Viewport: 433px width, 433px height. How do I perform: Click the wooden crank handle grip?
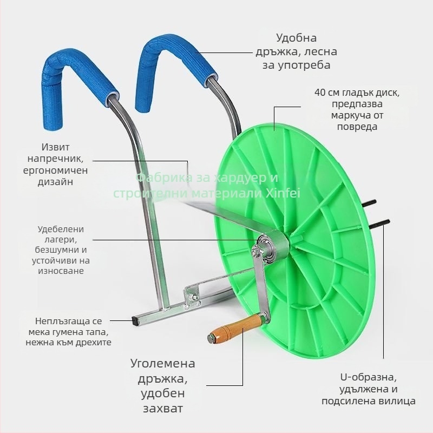pyautogui.click(x=235, y=327)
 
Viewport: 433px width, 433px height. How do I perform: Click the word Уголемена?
pyautogui.click(x=163, y=363)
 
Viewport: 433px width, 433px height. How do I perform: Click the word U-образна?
pyautogui.click(x=369, y=377)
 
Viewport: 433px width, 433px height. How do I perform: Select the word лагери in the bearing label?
pyautogui.click(x=61, y=240)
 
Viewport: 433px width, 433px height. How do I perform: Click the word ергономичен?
pyautogui.click(x=55, y=170)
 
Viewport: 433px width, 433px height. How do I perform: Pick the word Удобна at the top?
pyautogui.click(x=296, y=38)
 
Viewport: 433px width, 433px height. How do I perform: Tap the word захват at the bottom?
pyautogui.click(x=163, y=409)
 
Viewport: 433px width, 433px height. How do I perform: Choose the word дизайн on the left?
pyautogui.click(x=55, y=182)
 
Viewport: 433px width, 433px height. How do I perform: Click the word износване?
pyautogui.click(x=61, y=271)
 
